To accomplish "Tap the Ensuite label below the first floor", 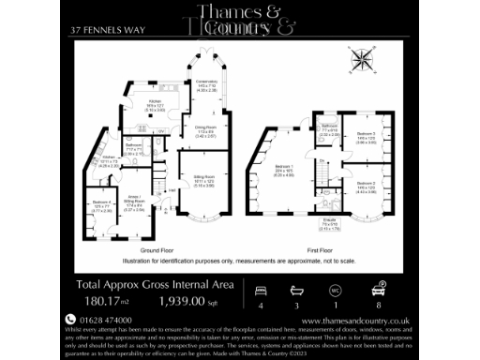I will [329, 225].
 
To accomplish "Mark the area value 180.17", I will [104, 302].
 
